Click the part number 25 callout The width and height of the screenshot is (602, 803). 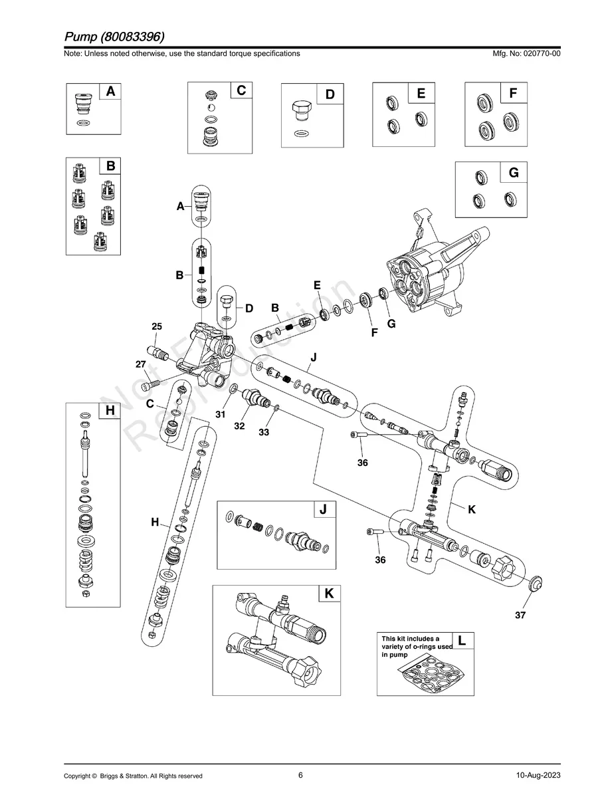pyautogui.click(x=157, y=326)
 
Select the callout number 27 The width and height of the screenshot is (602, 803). pyautogui.click(x=140, y=364)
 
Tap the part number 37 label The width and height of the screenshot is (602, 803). pyautogui.click(x=520, y=616)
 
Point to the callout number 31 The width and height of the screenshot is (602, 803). pyautogui.click(x=221, y=414)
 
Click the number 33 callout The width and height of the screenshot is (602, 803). pyautogui.click(x=264, y=432)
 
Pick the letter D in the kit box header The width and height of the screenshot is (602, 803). pyautogui.click(x=330, y=94)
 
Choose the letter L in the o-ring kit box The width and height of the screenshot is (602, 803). pyautogui.click(x=462, y=641)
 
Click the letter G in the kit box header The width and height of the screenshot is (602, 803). pyautogui.click(x=514, y=173)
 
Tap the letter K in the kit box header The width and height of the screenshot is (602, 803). pyautogui.click(x=329, y=594)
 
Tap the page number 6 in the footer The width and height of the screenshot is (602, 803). pyautogui.click(x=300, y=775)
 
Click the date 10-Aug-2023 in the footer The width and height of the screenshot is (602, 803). pyautogui.click(x=538, y=776)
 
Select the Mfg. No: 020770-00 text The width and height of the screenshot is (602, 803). pyautogui.click(x=524, y=53)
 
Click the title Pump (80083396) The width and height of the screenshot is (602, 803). pyautogui.click(x=115, y=35)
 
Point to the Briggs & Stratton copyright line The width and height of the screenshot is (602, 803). pyautogui.click(x=133, y=776)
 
